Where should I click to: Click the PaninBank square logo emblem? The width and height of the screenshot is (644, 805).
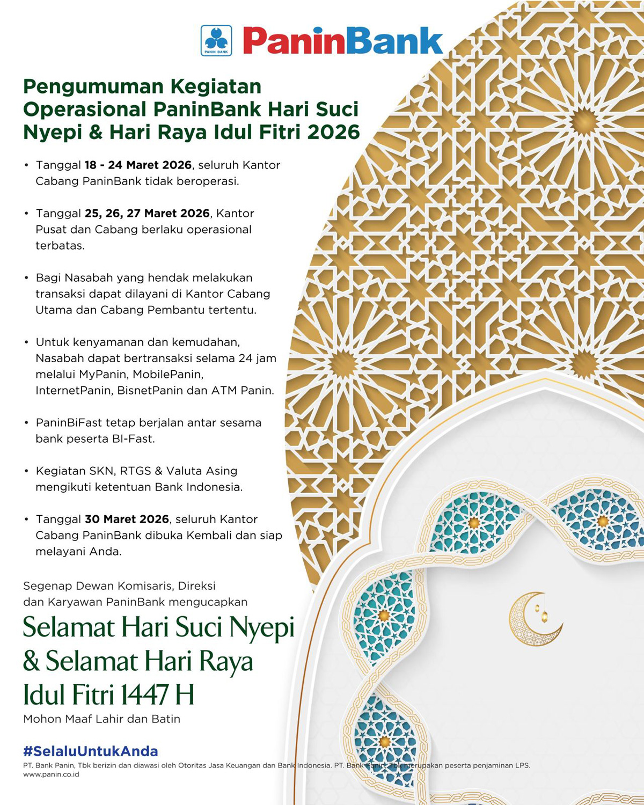216,41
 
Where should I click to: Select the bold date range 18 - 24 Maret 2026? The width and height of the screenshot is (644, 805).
138,165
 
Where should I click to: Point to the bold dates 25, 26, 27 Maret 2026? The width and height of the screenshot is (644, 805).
147,214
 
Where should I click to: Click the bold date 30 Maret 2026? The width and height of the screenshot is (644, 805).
127,519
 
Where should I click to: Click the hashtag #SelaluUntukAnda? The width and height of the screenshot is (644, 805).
91,751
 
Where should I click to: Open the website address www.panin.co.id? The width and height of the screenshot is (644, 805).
51,774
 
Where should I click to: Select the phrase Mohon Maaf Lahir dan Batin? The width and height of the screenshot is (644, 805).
102,719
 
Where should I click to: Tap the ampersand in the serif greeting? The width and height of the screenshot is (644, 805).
32,661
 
